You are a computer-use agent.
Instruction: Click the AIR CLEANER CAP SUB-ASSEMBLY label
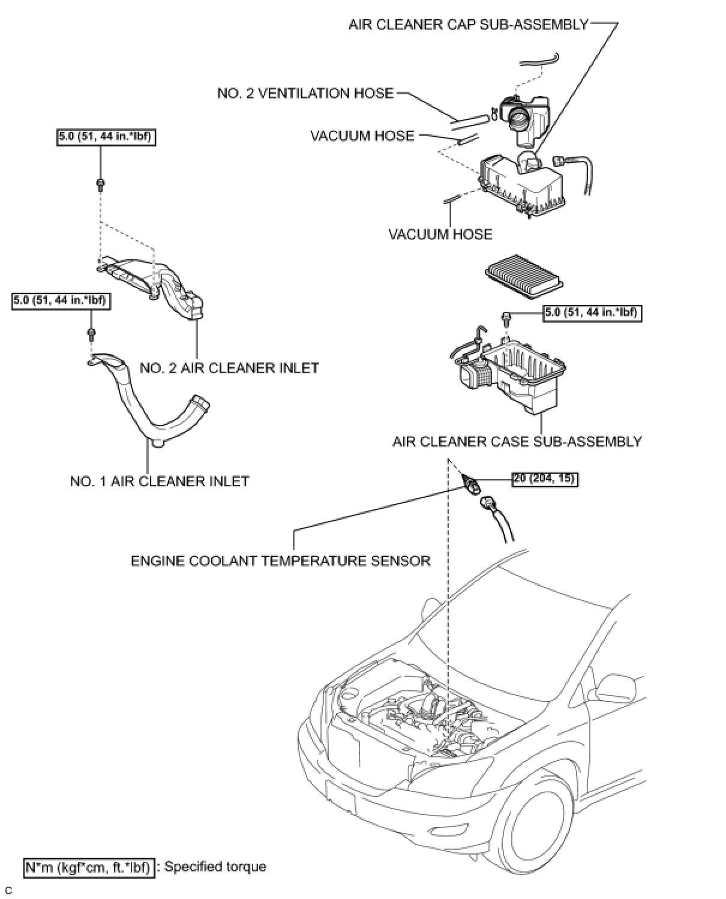click(x=469, y=25)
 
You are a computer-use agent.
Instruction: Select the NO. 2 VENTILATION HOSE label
click(x=305, y=94)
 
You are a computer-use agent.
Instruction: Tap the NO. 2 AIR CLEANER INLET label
click(x=229, y=368)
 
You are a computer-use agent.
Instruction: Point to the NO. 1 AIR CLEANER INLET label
click(x=159, y=481)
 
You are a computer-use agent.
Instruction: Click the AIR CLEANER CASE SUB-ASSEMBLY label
click(x=517, y=442)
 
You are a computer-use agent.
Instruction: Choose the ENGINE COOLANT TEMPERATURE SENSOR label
click(x=280, y=561)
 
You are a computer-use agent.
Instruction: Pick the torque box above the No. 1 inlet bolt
click(x=61, y=300)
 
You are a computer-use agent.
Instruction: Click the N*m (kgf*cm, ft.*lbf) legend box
click(x=88, y=868)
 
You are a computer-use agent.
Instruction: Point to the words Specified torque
click(x=215, y=867)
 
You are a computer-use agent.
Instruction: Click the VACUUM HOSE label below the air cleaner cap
click(x=440, y=234)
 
